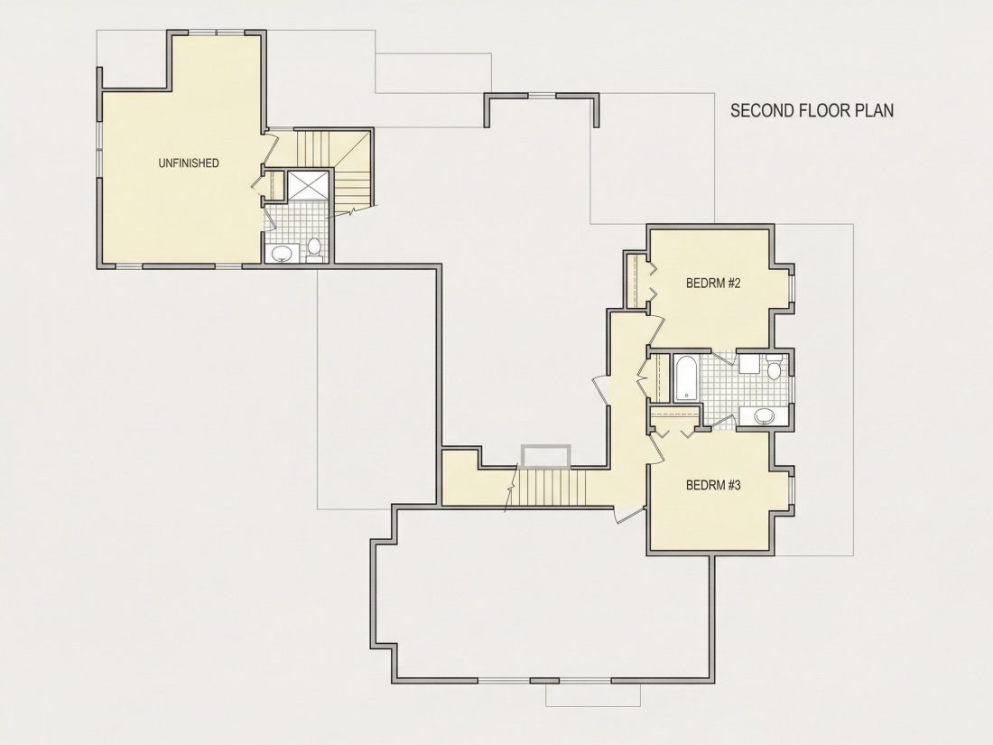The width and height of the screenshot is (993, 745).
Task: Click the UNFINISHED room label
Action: click(x=188, y=163)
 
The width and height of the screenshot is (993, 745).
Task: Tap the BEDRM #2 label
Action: click(x=713, y=283)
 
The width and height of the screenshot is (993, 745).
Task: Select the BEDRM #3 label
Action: click(x=713, y=485)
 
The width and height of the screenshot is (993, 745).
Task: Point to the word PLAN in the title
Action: click(x=875, y=110)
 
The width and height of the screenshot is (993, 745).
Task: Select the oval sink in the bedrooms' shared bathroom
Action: click(x=765, y=416)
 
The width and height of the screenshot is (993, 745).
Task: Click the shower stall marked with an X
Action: click(x=309, y=185)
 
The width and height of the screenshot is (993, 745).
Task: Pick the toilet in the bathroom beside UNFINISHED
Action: click(x=314, y=249)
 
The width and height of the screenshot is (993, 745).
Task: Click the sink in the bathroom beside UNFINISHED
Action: click(x=281, y=254)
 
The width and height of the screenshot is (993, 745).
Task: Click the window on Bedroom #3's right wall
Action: click(x=791, y=489)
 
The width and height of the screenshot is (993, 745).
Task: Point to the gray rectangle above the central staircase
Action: click(x=546, y=456)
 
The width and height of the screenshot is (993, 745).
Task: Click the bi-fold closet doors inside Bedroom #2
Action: click(x=651, y=282)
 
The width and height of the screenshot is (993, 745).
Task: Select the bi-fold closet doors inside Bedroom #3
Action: click(x=673, y=433)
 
